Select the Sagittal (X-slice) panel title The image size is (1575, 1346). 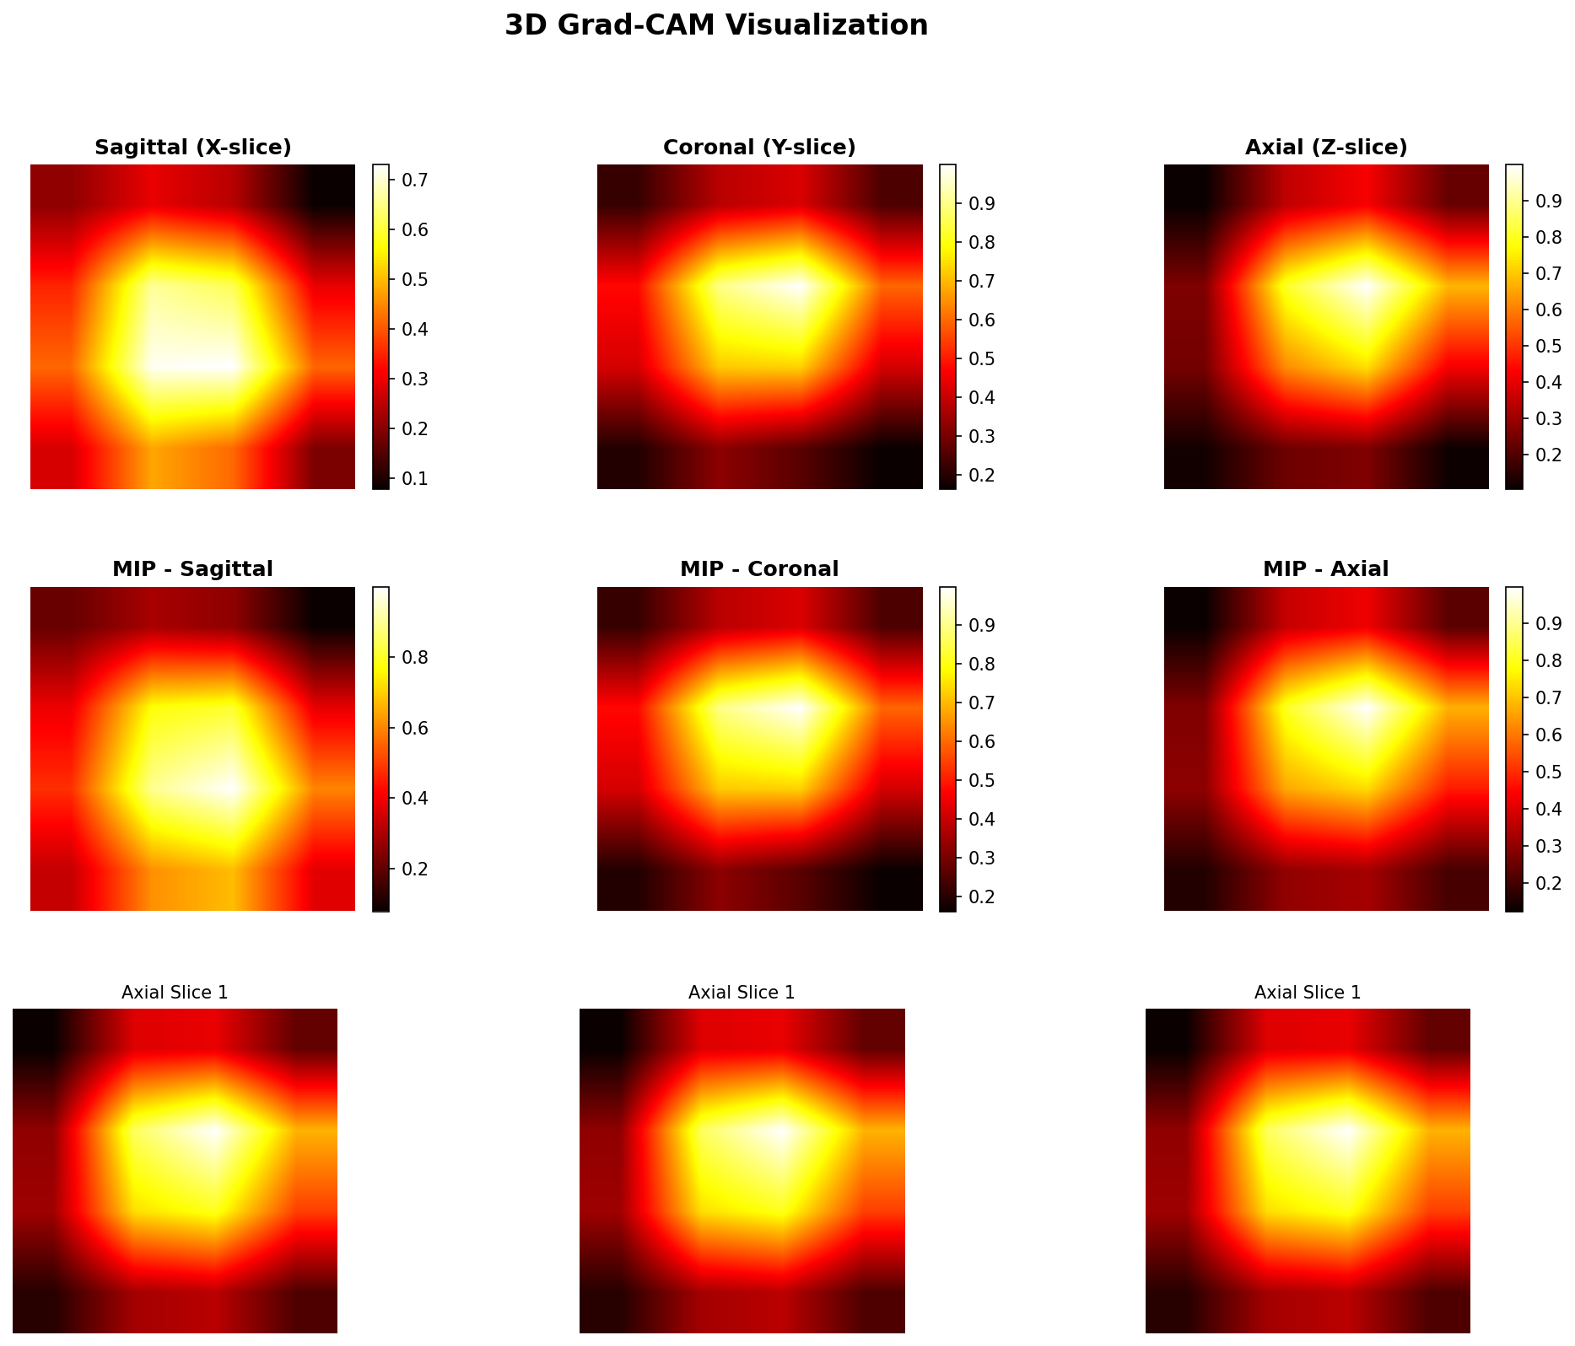coord(193,148)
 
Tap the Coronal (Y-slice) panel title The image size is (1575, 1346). coord(759,148)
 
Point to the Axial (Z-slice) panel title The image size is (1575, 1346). coord(1326,148)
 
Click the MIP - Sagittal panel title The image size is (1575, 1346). coord(193,569)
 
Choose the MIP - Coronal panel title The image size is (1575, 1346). coord(759,569)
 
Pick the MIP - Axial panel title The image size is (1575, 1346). coord(1326,569)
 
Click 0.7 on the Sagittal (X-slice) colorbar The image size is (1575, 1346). coord(416,180)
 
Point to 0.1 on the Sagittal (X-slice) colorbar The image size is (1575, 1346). coord(416,479)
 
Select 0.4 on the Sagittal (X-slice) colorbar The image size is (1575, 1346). coord(416,330)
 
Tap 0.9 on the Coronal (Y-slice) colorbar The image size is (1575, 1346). coord(983,204)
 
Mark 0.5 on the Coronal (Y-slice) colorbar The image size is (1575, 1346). coord(983,359)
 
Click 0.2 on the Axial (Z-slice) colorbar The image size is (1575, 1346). coord(1550,455)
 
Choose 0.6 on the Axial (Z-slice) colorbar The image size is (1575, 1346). coord(1550,310)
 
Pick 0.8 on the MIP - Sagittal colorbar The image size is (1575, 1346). coord(416,658)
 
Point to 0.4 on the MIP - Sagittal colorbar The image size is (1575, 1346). coord(416,799)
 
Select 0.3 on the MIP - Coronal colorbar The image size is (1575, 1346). coord(983,859)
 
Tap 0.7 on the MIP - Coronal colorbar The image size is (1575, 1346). coord(983,703)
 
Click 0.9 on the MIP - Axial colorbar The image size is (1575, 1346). coord(1550,624)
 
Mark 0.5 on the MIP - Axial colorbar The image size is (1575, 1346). coord(1550,773)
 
